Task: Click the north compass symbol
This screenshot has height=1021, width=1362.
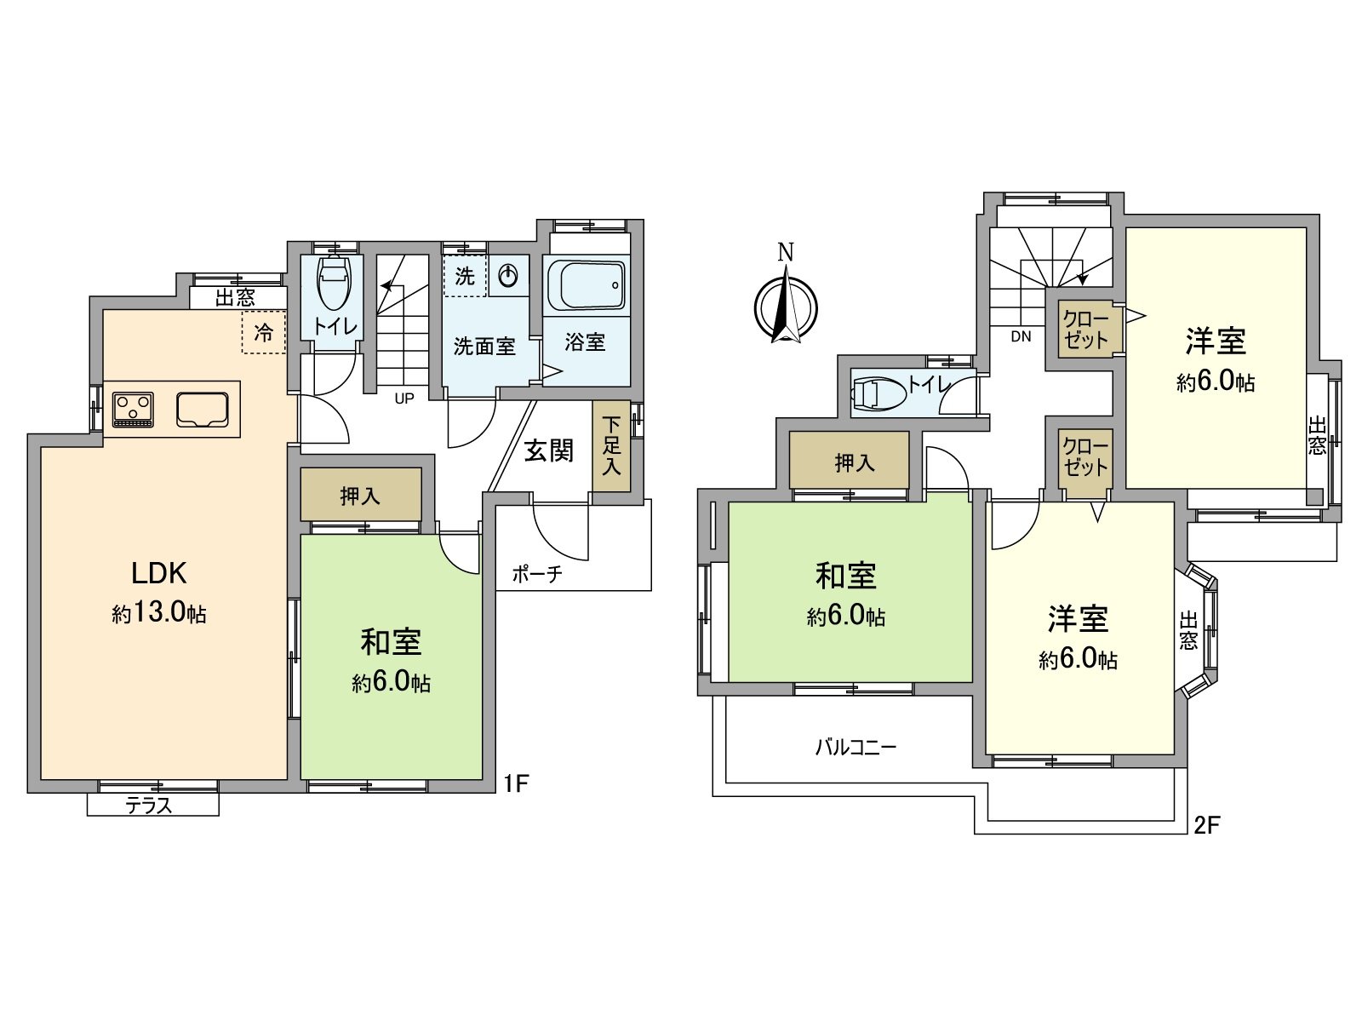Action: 786,305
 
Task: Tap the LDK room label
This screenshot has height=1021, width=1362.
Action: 159,573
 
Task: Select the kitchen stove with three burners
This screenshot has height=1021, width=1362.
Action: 134,409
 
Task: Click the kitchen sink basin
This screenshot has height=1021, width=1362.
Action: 203,409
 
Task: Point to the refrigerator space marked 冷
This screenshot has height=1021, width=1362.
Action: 264,333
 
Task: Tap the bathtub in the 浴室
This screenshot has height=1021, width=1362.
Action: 586,284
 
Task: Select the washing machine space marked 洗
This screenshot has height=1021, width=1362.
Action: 465,276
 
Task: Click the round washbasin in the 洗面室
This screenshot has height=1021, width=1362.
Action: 508,275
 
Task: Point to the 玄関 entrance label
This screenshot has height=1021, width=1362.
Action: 548,450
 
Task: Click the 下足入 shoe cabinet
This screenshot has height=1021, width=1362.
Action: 611,445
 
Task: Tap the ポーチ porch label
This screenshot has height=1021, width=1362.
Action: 537,574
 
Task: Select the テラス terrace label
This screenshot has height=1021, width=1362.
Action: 150,805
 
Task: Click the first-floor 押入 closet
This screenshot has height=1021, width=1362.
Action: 360,495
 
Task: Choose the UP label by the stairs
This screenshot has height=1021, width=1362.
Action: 404,398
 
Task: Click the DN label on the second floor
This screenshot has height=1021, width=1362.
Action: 1021,336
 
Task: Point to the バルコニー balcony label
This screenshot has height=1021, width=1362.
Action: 856,748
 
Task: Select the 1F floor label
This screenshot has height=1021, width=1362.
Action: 516,782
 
